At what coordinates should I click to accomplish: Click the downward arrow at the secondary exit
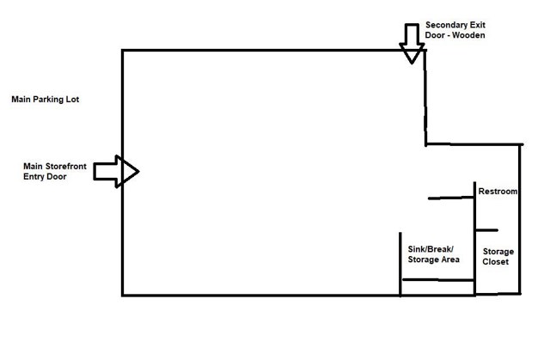coord(411,43)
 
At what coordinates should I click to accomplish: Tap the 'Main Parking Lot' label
coord(46,100)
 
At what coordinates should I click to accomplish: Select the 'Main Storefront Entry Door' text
coord(57,170)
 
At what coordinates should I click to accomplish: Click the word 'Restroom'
coord(498,192)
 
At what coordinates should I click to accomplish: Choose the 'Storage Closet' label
coord(498,257)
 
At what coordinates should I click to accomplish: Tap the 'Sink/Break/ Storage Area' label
coord(434,254)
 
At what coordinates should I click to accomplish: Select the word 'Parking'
coord(51,100)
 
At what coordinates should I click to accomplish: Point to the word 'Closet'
coord(497,262)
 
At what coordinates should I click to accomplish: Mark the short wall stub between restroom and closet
coord(486,230)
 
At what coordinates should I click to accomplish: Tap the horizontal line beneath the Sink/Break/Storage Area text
coord(438,280)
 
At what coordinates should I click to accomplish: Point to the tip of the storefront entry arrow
coord(137,171)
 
